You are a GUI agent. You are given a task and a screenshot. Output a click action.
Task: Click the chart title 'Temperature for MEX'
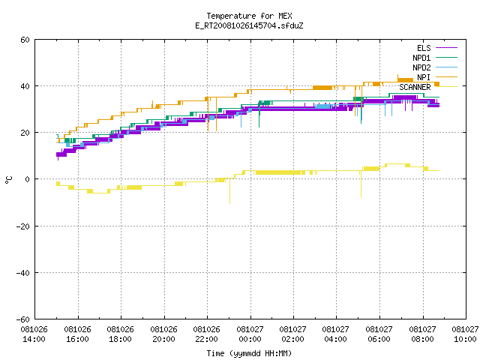click(249, 16)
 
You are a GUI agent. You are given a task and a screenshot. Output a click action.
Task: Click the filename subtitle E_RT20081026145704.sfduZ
click(249, 25)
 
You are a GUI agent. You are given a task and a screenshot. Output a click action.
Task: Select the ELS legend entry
click(424, 48)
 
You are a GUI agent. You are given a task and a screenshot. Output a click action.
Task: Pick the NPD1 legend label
click(421, 58)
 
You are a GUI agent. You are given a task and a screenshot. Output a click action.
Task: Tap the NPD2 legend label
click(421, 67)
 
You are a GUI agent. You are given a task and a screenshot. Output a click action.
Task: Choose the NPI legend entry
click(424, 77)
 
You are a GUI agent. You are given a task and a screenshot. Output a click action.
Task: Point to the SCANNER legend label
click(415, 87)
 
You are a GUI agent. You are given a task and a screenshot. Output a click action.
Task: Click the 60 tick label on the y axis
click(25, 40)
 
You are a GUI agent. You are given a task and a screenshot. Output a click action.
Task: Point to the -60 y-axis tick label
click(23, 319)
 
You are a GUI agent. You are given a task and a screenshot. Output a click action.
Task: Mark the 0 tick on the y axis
click(28, 179)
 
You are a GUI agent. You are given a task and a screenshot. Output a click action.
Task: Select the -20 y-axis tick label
click(23, 226)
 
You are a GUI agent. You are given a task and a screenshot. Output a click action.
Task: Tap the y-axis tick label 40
click(25, 86)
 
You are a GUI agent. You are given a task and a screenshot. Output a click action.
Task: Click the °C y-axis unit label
click(8, 180)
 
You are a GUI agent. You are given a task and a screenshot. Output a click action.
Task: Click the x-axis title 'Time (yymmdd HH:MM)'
click(249, 353)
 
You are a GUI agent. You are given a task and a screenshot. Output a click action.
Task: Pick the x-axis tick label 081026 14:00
click(34, 334)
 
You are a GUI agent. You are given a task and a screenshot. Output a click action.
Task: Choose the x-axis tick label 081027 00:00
click(250, 334)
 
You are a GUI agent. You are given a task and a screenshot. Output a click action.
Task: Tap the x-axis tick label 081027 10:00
click(465, 334)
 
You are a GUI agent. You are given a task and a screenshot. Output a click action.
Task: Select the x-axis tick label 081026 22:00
click(207, 334)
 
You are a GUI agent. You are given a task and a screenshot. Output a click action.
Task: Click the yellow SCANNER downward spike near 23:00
click(230, 191)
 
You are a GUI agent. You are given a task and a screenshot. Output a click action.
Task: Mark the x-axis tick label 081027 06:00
click(379, 334)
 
